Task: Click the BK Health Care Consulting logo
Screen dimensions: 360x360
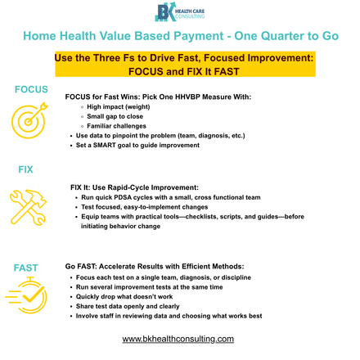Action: point(179,13)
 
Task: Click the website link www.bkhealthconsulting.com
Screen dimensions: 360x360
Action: point(178,338)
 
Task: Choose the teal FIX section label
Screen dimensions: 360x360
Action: point(25,169)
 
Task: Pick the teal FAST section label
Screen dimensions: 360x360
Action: point(25,268)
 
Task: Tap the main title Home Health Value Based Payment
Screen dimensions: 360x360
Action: point(181,37)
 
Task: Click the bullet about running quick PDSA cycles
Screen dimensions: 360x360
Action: point(171,197)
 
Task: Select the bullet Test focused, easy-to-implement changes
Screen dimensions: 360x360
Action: point(144,207)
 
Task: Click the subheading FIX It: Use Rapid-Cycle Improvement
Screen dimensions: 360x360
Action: point(135,187)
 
